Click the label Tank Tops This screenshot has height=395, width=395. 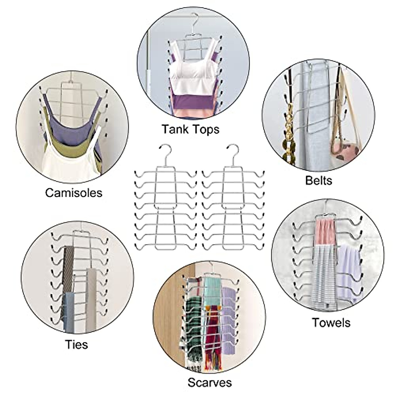[190, 129]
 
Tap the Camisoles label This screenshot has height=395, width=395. [74, 193]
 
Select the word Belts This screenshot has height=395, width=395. [319, 180]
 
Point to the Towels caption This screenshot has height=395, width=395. [331, 323]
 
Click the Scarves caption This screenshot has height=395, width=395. [210, 383]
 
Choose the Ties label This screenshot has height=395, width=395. [76, 344]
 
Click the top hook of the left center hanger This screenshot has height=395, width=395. [166, 151]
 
